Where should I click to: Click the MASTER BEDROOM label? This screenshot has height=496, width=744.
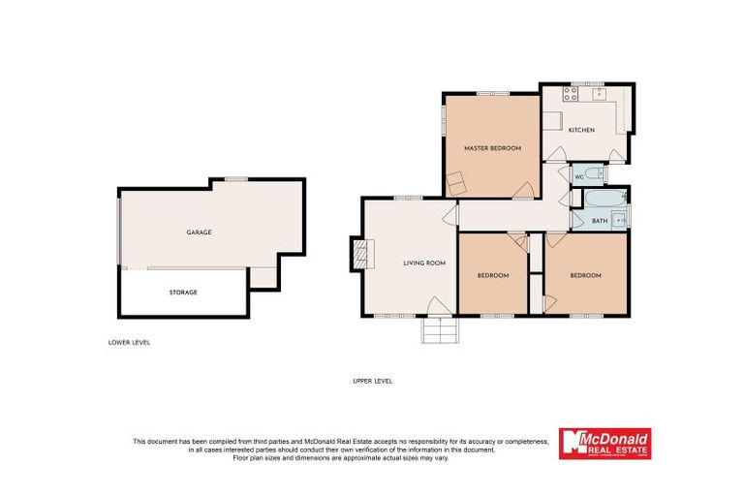(x=492, y=148)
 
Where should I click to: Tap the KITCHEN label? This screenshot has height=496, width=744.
(x=581, y=131)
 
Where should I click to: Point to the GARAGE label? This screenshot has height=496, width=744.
(x=200, y=232)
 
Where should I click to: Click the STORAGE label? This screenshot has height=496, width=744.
(x=183, y=292)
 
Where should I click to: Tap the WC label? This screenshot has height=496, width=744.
(x=579, y=177)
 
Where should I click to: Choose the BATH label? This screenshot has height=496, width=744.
(x=600, y=222)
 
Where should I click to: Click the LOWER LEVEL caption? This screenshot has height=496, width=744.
(x=129, y=342)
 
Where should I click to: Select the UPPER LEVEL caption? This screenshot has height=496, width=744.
(x=372, y=381)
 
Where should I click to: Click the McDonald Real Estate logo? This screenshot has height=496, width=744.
(x=605, y=444)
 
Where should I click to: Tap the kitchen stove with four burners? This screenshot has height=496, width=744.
(x=572, y=94)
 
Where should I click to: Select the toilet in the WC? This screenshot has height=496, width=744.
(x=598, y=175)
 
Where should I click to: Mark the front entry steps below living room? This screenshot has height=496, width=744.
(x=438, y=330)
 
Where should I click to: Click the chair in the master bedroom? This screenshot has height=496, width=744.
(x=457, y=181)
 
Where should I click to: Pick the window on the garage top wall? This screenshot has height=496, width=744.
(x=235, y=179)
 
